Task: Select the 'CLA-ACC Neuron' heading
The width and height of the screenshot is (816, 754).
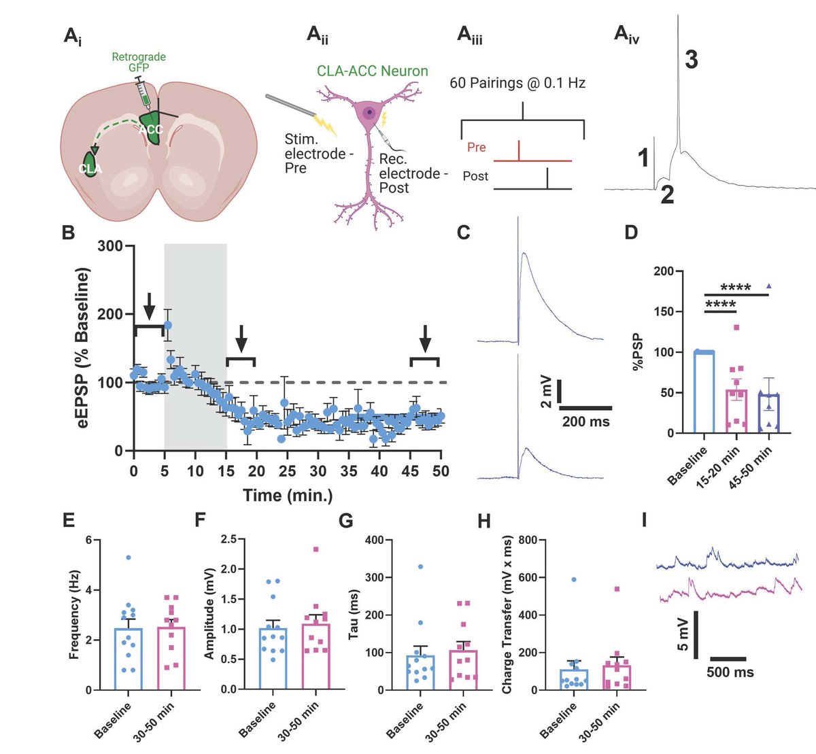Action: pos(372,71)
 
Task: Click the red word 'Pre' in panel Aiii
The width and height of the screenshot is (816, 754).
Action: pos(476,147)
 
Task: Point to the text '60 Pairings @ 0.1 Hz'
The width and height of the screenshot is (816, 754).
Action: pos(517,84)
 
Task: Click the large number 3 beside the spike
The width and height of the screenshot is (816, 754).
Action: pos(690,61)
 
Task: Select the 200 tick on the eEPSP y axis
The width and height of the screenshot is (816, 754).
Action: pos(112,314)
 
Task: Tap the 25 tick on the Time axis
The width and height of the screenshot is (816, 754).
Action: pos(287,471)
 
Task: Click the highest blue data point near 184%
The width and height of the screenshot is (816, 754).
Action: pos(167,326)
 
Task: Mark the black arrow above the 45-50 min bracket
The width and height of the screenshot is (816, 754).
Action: pos(425,337)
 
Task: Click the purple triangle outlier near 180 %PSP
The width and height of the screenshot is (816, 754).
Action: pos(768,286)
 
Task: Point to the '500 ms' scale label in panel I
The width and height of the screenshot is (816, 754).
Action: pos(730,672)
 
